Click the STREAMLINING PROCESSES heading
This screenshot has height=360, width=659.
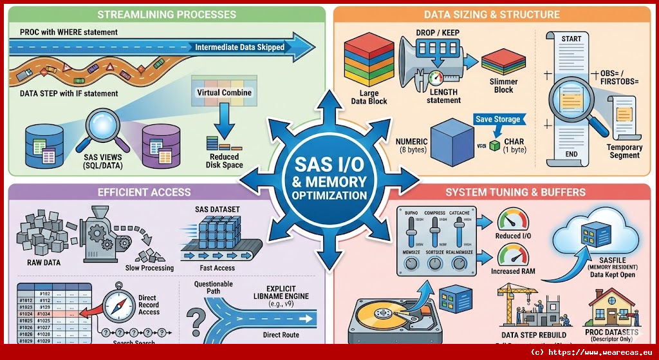click(x=166, y=14)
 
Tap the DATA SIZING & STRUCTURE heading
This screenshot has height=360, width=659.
click(x=492, y=14)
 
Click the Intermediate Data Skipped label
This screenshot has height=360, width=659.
click(x=239, y=47)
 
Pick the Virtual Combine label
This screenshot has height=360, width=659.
click(x=224, y=93)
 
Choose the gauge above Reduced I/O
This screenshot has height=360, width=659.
click(x=513, y=219)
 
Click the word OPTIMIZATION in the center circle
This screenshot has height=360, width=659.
click(x=329, y=194)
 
